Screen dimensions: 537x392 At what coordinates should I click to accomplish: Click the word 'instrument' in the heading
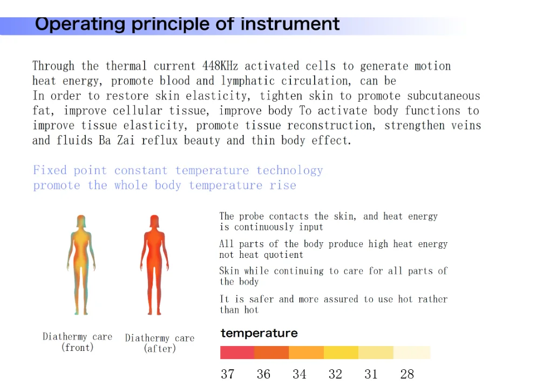[x=290, y=24]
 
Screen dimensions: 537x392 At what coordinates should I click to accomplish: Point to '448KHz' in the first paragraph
[x=220, y=65]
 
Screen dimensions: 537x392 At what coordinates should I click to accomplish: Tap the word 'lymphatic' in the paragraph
[x=248, y=81]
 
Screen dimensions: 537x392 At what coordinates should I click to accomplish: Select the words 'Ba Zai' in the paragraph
[x=117, y=140]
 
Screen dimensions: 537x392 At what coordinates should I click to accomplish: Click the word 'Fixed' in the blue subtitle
[x=50, y=170]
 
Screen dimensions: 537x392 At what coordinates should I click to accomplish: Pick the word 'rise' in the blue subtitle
[x=283, y=185]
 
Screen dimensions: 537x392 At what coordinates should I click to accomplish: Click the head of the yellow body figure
[x=81, y=221]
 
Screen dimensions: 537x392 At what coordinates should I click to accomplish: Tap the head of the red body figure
[x=154, y=221]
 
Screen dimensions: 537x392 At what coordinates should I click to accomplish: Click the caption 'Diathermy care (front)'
[x=77, y=342]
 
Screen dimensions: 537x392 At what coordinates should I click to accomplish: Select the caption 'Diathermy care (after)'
[x=160, y=343]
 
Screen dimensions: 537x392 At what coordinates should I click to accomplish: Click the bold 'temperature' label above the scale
[x=259, y=333]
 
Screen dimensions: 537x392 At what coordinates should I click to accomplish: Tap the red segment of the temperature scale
[x=237, y=353]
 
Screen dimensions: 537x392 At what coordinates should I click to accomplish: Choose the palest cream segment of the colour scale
[x=412, y=353]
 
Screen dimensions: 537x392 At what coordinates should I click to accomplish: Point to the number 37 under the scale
[x=228, y=374]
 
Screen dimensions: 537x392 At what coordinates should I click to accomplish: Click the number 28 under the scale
[x=407, y=374]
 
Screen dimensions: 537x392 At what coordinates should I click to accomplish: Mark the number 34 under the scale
[x=300, y=374]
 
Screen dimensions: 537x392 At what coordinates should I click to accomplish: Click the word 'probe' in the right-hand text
[x=251, y=216]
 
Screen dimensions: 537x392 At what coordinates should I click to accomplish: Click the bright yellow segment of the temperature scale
[x=341, y=353]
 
